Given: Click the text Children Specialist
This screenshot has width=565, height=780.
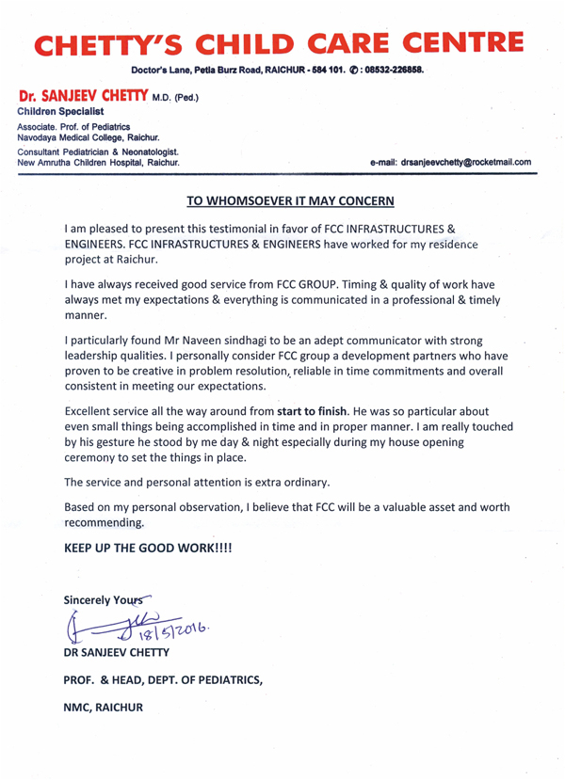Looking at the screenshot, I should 62,111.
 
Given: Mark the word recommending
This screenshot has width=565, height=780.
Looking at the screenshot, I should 104,522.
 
